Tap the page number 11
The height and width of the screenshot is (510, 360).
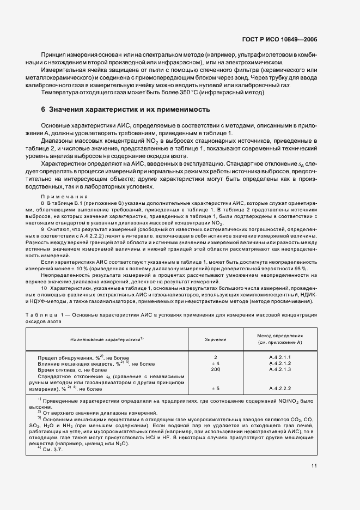click(x=314, y=482)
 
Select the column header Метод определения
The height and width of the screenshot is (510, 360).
click(x=280, y=336)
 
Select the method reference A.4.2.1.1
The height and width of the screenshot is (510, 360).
click(x=280, y=357)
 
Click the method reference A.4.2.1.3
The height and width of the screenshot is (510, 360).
click(x=280, y=369)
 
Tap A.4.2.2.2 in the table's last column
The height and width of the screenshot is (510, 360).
click(x=280, y=388)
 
